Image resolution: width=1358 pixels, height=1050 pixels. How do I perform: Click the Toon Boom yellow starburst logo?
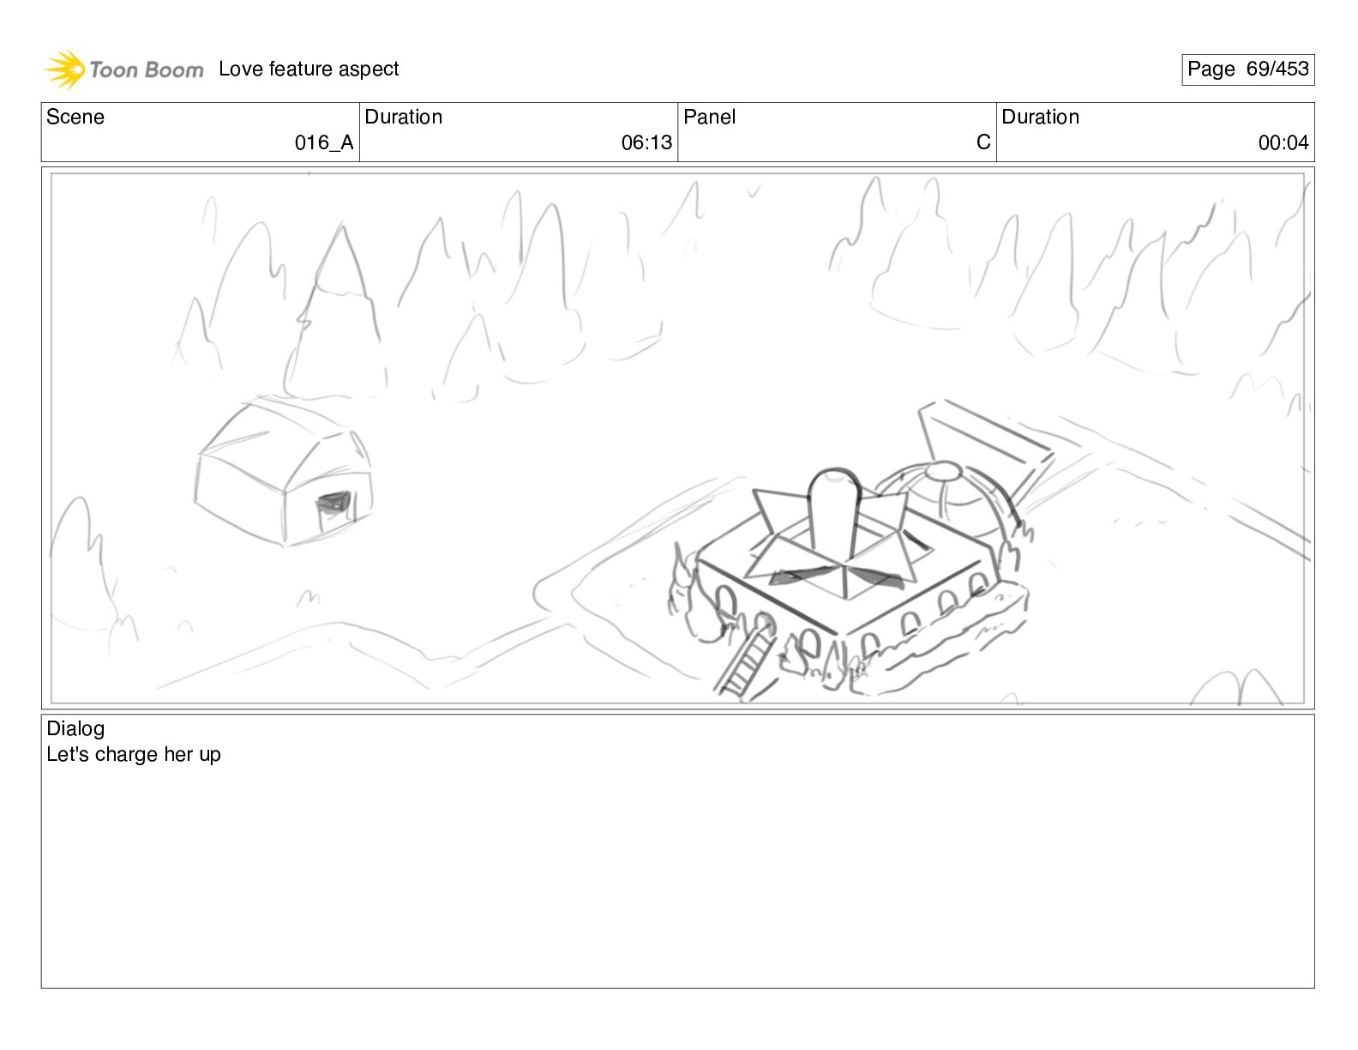(65, 69)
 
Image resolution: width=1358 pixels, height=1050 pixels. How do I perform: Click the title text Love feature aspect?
(309, 69)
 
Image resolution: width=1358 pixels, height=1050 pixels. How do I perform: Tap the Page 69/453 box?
(1247, 69)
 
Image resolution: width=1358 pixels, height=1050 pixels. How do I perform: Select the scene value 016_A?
(324, 142)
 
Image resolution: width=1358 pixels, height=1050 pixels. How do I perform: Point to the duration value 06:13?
(646, 142)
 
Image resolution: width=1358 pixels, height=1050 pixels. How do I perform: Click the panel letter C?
(983, 142)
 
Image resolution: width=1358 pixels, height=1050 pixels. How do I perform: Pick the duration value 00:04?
(1283, 142)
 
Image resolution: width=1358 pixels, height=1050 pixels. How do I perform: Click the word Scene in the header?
(75, 117)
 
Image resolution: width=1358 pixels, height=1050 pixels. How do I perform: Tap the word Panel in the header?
(709, 117)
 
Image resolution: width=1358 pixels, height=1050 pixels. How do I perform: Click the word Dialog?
(75, 728)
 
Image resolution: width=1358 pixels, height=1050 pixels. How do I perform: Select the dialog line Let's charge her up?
(133, 754)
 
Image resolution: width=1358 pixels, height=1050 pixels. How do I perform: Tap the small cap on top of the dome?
(944, 470)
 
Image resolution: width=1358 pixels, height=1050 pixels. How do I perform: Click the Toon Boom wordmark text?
(147, 69)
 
